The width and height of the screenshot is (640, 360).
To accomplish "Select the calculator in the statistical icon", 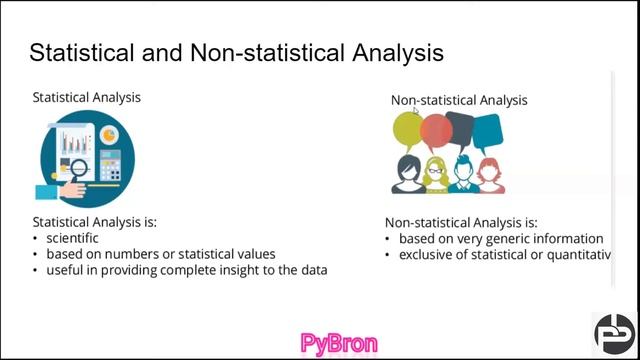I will click(110, 164).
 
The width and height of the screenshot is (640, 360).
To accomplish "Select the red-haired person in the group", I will click(489, 175).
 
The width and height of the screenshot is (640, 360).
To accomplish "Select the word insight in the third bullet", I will click(233, 270).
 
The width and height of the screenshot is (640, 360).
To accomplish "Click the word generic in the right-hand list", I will click(507, 239).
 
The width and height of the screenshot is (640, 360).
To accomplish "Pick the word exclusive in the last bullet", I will click(428, 255).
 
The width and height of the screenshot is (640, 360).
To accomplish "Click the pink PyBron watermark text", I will click(339, 344).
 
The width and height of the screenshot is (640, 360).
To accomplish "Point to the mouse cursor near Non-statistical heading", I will click(417, 110).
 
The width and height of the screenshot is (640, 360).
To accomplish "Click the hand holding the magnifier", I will click(50, 188).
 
